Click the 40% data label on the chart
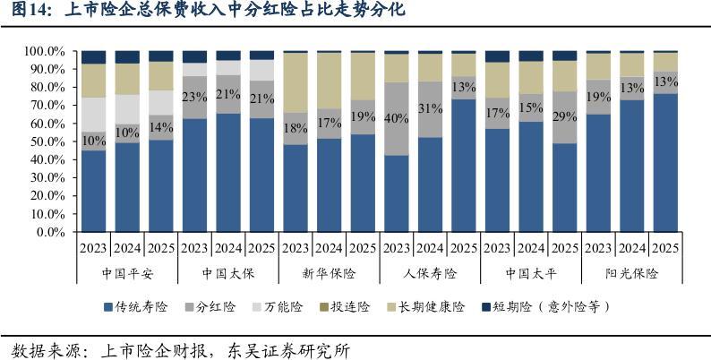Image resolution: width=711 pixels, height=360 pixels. [x=395, y=118]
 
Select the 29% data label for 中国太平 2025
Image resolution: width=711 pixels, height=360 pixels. [x=565, y=117]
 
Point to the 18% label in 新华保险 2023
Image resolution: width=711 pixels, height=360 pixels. [x=295, y=127]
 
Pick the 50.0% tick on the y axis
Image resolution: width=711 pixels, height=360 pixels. [x=44, y=141]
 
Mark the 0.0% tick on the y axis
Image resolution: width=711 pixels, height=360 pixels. [x=47, y=232]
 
